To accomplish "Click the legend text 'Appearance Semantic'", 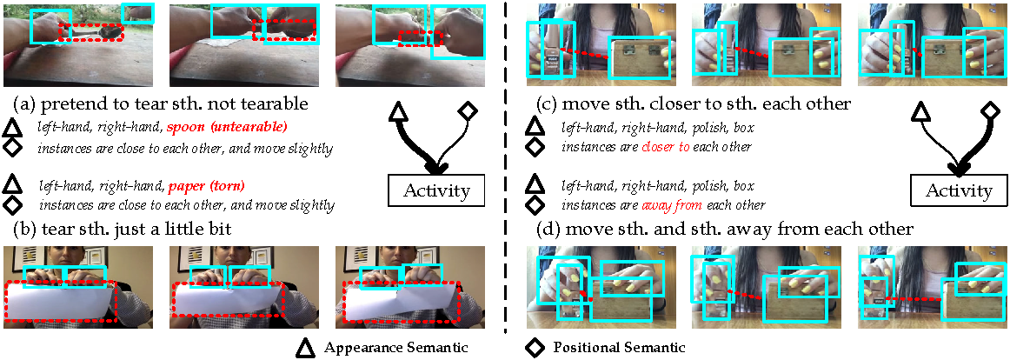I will coord(395,348).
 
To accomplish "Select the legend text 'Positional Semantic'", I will coord(620,348).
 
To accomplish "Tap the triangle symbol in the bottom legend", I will coord(305,348).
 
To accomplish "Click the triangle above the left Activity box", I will coord(398,112).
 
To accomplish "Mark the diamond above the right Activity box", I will coord(990,110).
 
